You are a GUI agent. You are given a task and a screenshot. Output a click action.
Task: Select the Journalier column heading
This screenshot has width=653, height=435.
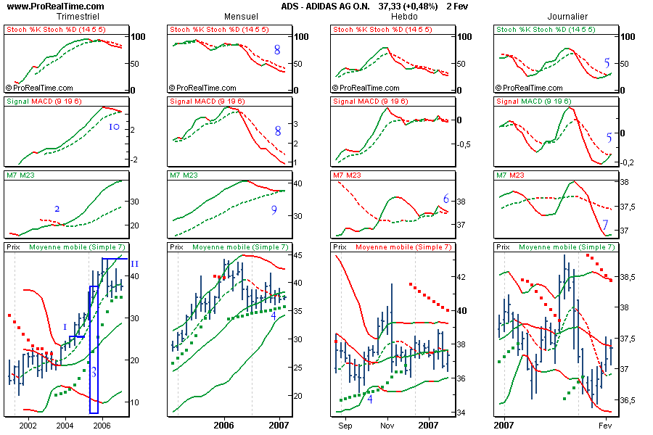tap(567, 16)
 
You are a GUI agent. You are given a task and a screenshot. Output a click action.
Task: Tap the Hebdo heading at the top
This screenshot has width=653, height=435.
tap(404, 16)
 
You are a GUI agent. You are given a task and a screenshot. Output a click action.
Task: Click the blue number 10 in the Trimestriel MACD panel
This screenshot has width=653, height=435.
tap(113, 127)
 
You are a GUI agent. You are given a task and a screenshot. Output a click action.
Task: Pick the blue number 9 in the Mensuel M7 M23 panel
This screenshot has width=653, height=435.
tap(274, 210)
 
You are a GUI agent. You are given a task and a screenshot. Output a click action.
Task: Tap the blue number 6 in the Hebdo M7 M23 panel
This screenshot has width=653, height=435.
tap(446, 199)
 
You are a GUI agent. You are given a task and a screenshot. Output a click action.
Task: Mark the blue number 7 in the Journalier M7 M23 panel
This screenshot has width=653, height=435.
tap(606, 225)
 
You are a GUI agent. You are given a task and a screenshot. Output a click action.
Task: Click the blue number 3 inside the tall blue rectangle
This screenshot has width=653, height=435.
tap(94, 372)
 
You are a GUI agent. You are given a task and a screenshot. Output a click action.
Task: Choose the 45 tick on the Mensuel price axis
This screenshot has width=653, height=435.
tap(298, 254)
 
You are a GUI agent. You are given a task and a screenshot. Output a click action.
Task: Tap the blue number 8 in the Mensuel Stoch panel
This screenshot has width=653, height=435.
tap(277, 50)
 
